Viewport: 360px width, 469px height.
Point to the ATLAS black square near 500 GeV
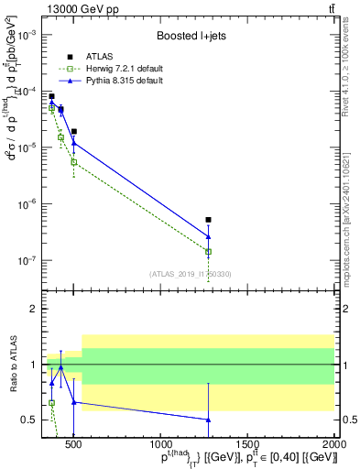click(73, 131)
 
